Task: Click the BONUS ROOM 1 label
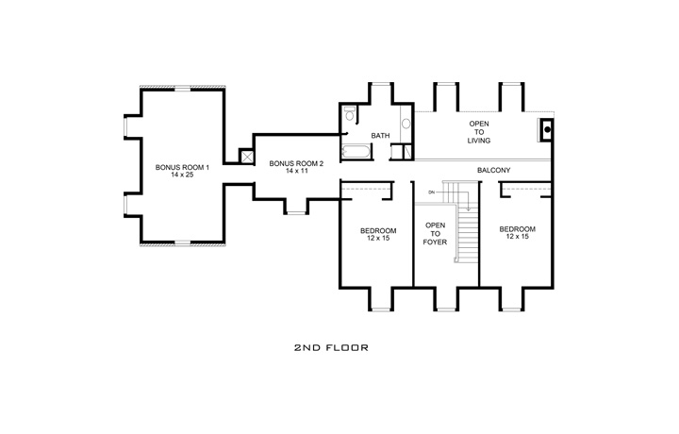176,168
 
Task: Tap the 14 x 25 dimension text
176,177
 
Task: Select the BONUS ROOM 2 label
296,163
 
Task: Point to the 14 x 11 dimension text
296,173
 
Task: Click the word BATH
380,136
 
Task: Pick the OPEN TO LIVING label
479,133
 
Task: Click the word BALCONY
493,170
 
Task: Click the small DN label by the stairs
431,192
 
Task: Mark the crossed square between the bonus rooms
247,158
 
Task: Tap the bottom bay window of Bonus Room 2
296,212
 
